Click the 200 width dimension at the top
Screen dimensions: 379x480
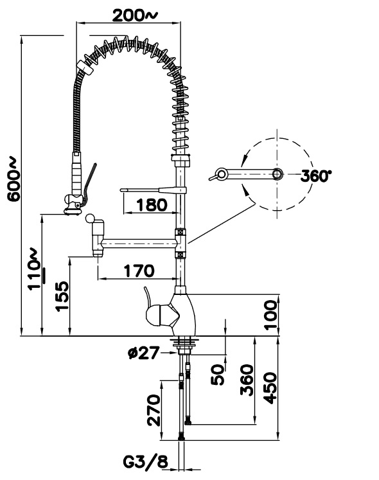pos(134,16)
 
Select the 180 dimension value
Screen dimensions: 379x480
pos(152,205)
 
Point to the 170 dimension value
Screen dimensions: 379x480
pos(139,271)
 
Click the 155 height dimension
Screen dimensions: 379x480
pos(62,296)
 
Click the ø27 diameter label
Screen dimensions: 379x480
pos(144,353)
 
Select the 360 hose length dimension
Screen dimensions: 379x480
pos(247,380)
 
